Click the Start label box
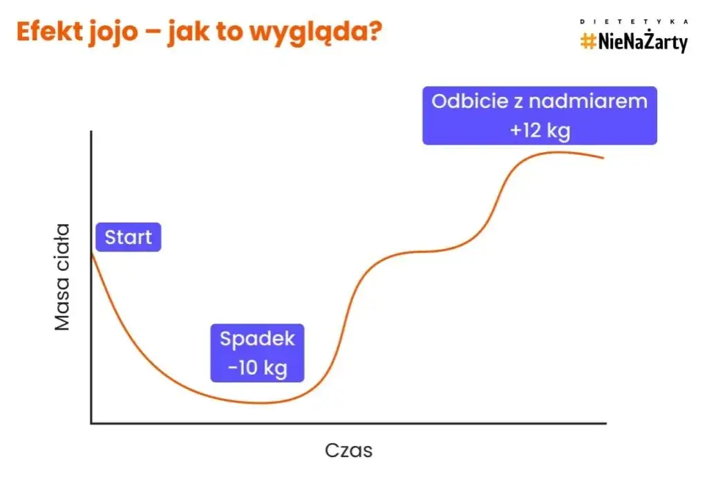click(x=129, y=238)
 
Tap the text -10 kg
click(x=257, y=368)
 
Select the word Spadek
click(x=257, y=339)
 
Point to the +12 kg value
click(x=540, y=130)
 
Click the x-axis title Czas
click(x=348, y=451)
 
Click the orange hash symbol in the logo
click(x=588, y=42)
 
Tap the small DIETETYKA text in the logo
click(x=634, y=22)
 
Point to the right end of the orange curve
click(x=603, y=158)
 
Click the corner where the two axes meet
click(x=91, y=422)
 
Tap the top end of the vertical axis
click(x=91, y=131)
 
